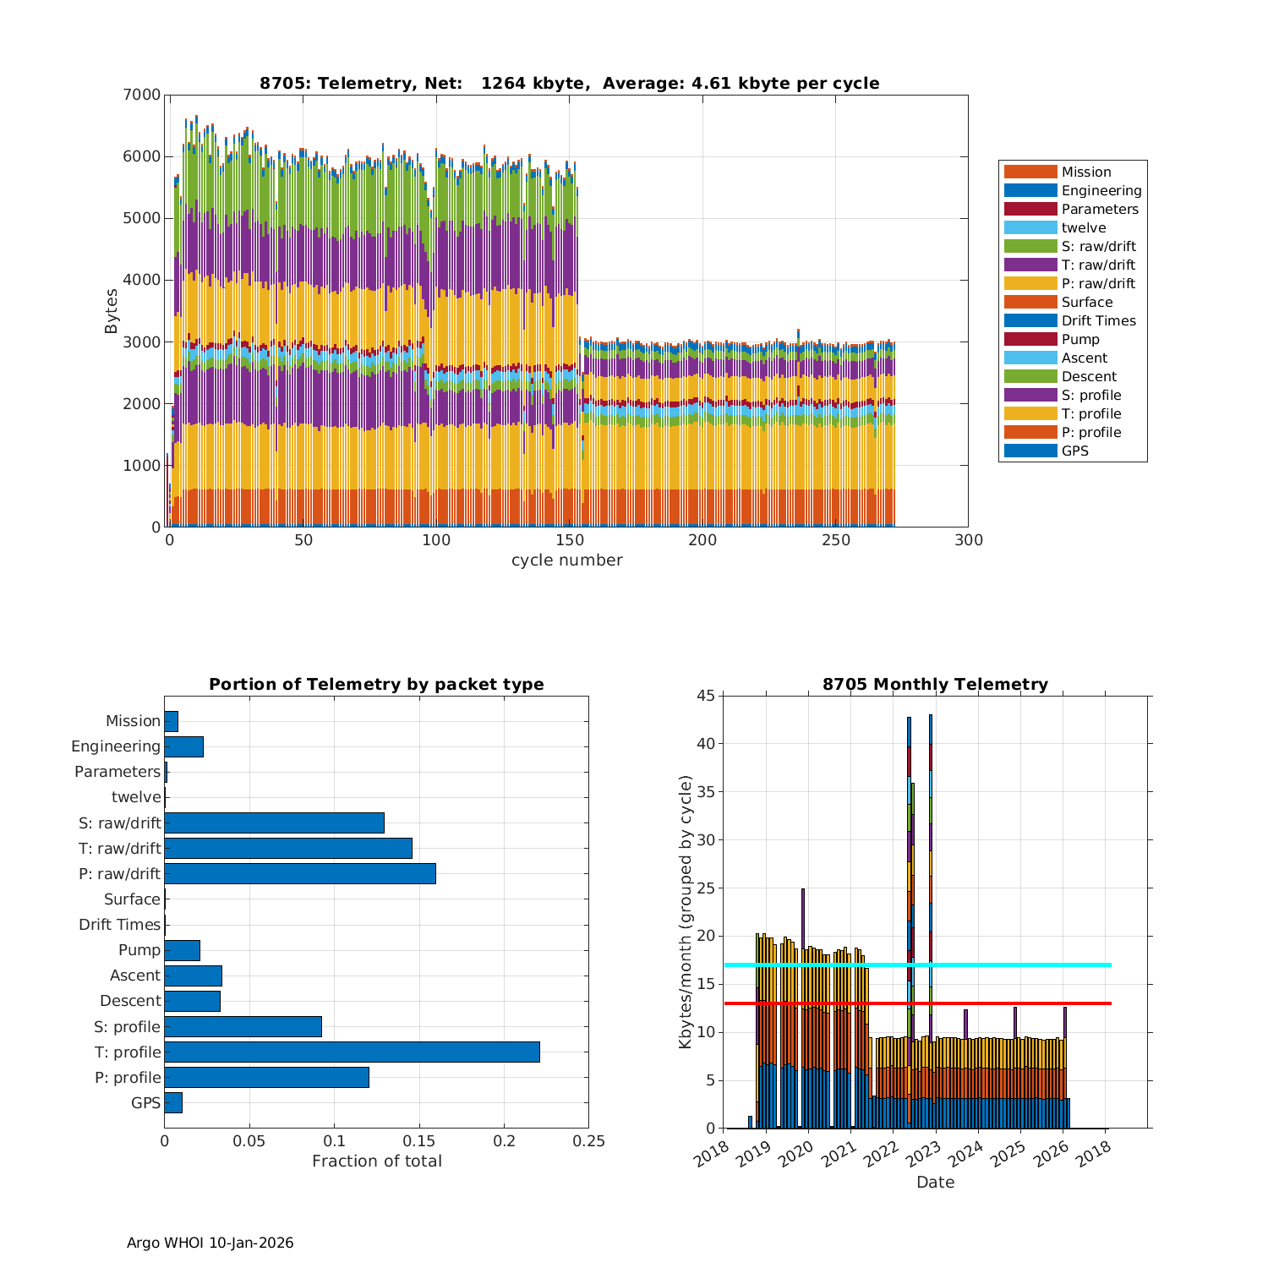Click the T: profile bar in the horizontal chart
click(x=352, y=1052)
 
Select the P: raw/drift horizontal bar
click(x=300, y=873)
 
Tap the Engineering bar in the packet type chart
click(x=183, y=746)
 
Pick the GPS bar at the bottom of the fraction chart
click(x=173, y=1102)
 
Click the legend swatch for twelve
click(x=1030, y=227)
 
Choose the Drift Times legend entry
click(x=1098, y=320)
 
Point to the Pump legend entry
click(x=1080, y=339)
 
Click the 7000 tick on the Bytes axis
click(x=145, y=95)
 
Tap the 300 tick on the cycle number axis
click(x=968, y=541)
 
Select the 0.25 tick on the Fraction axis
click(x=589, y=1141)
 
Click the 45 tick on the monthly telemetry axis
click(x=706, y=696)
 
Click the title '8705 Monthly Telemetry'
click(x=935, y=684)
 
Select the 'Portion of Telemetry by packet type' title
click(x=376, y=684)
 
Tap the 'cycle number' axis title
click(x=566, y=560)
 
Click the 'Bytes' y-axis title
click(x=112, y=311)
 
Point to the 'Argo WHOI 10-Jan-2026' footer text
click(x=210, y=1243)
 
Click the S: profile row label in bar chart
click(x=127, y=1026)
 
